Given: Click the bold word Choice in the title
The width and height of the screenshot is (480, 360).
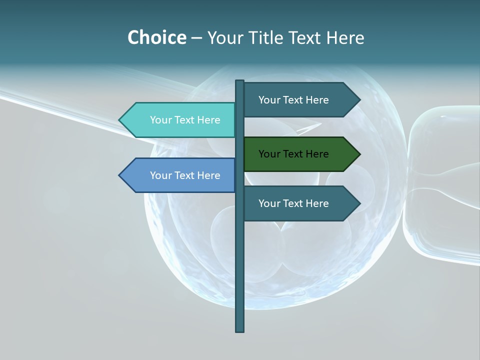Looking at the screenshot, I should click(156, 37).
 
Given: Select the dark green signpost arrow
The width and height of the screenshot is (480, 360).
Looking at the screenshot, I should click(300, 154).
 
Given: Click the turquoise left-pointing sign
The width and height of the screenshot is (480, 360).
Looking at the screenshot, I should click(180, 120).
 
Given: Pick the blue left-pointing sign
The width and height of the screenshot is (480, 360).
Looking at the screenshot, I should click(180, 175).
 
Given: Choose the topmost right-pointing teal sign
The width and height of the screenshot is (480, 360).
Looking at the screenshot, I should click(300, 100).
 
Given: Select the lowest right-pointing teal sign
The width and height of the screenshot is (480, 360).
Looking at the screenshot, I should click(300, 203).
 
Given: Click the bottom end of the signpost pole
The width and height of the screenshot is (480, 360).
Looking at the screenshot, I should click(239, 329).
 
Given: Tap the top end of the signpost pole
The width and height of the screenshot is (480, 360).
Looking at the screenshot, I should click(239, 82).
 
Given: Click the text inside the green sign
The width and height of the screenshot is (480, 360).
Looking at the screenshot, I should click(293, 154).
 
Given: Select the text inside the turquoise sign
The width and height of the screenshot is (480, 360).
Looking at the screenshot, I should click(185, 120).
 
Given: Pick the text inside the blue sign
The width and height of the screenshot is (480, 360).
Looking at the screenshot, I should click(185, 175).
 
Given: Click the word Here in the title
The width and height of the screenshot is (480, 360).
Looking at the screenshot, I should click(345, 37).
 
